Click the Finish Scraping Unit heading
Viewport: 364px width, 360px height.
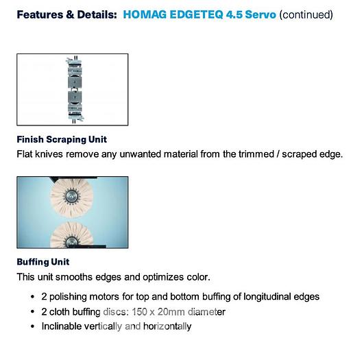coord(62,139)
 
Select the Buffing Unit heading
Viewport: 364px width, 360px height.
coord(43,262)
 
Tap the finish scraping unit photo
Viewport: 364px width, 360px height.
coord(72,89)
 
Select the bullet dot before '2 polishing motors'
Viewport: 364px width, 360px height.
coord(34,297)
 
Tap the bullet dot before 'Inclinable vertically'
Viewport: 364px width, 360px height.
coord(34,326)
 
